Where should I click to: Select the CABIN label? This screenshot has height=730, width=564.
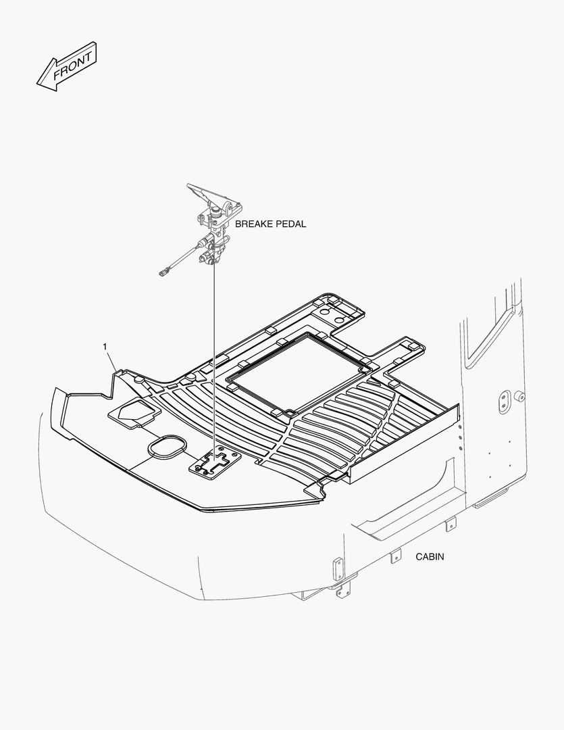coord(430,557)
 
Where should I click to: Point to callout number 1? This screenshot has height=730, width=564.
coord(105,347)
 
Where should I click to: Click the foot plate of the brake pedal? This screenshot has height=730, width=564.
coord(203,193)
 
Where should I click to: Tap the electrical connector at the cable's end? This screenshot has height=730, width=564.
coord(161,273)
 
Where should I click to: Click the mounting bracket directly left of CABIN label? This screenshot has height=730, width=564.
coord(394,556)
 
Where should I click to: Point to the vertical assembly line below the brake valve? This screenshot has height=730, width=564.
coord(213,351)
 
